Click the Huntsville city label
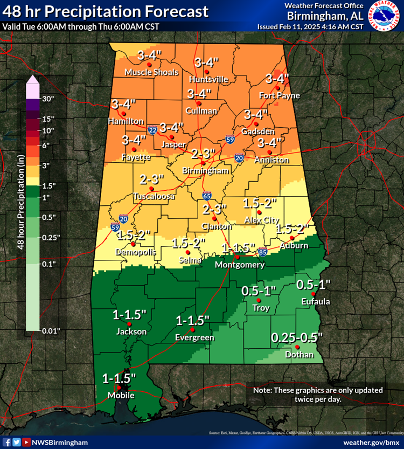[x=208, y=79]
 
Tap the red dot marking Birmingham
[x=203, y=163]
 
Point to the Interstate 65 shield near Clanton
[x=207, y=196]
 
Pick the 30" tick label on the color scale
[x=49, y=99]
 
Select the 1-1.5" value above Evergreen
[x=192, y=321]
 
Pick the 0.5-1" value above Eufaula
[x=313, y=284]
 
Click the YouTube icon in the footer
[x=26, y=442]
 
